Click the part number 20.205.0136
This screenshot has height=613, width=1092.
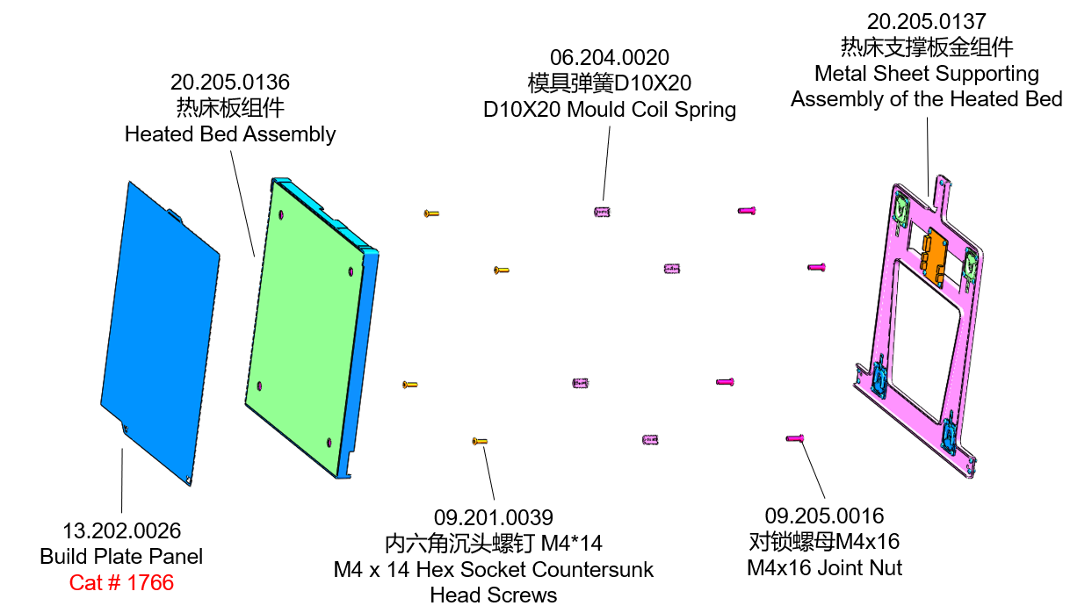[x=229, y=83]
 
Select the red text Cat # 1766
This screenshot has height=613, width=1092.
[x=121, y=582]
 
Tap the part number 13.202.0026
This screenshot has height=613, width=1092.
[x=121, y=530]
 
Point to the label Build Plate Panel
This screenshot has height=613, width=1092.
[x=121, y=556]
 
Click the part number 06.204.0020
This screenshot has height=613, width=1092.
[x=609, y=58]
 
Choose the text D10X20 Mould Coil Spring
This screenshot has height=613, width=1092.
[x=609, y=110]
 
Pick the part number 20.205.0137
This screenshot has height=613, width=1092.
[x=926, y=21]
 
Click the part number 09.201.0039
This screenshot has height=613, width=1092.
[x=493, y=517]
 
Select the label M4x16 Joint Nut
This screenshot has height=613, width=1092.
[x=824, y=568]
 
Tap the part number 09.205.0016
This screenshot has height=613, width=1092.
[x=824, y=516]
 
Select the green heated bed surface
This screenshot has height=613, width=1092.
[x=303, y=325]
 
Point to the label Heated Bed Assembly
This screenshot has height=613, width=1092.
[x=229, y=134]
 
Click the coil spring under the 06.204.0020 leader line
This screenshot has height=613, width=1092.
[x=602, y=211]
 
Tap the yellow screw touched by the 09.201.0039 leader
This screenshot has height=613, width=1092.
[x=480, y=441]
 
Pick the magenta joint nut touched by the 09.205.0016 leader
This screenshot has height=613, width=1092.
[x=795, y=437]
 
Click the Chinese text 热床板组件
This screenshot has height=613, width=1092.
[x=229, y=108]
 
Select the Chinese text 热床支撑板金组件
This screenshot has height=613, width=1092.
[x=926, y=47]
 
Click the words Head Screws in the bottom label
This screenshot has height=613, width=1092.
[x=493, y=595]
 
